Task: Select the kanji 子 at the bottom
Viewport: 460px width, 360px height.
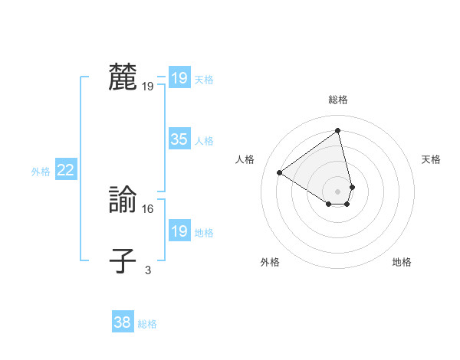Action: pyautogui.click(x=123, y=260)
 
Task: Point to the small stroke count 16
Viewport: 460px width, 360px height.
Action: pyautogui.click(x=148, y=208)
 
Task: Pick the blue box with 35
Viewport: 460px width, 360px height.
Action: pyautogui.click(x=179, y=139)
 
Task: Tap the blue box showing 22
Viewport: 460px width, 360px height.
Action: pyautogui.click(x=65, y=170)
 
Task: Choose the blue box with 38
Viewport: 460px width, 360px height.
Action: pyautogui.click(x=122, y=322)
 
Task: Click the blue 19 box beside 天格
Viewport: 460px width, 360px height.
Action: pyautogui.click(x=179, y=78)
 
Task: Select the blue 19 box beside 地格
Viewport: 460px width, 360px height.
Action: pyautogui.click(x=179, y=231)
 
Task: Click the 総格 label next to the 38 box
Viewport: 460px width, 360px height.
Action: pyautogui.click(x=147, y=324)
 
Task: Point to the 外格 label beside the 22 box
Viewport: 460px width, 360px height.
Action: pyautogui.click(x=41, y=172)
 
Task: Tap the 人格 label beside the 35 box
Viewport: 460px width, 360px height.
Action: pyautogui.click(x=204, y=141)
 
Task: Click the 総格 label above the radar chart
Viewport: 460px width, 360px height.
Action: pyautogui.click(x=338, y=100)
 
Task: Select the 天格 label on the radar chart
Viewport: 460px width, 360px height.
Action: pyautogui.click(x=431, y=159)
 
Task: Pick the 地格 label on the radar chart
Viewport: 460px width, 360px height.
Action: pyautogui.click(x=402, y=262)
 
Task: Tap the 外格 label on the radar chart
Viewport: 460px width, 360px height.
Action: pyautogui.click(x=270, y=262)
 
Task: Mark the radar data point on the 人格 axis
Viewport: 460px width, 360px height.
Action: pyautogui.click(x=280, y=172)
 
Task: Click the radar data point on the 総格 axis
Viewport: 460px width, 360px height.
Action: pyautogui.click(x=338, y=130)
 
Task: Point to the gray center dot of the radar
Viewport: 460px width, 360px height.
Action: pyautogui.click(x=338, y=191)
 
